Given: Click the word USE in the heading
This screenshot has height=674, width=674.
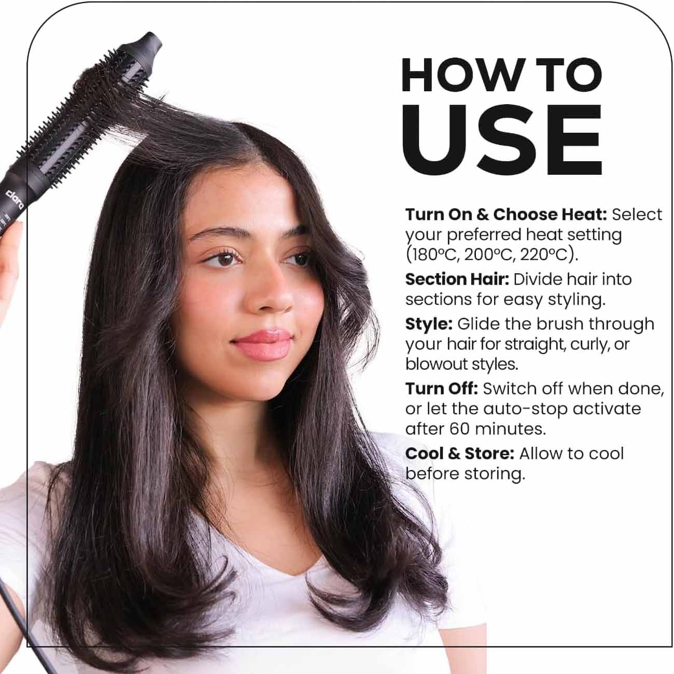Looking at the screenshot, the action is point(502,139).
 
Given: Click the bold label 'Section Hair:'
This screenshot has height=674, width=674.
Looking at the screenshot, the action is point(457,279).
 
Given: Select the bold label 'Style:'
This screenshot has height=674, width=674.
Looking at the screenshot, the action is point(429,324).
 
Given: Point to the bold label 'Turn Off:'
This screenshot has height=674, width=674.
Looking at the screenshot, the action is point(441,389).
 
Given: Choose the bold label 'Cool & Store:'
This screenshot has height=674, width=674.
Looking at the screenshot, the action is point(459,454).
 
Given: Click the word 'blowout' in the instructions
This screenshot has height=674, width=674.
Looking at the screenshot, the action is point(436,364).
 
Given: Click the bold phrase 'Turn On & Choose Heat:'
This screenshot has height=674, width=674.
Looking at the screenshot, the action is point(506,215).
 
